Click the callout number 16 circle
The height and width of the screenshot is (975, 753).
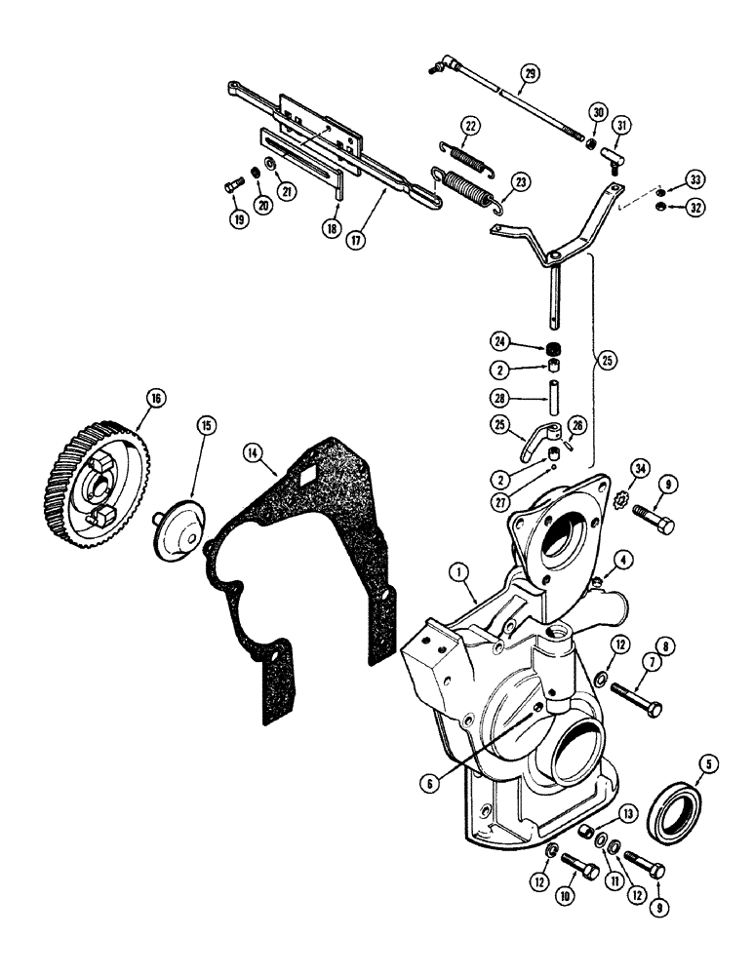point(154,398)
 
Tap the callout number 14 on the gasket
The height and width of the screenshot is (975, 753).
point(255,451)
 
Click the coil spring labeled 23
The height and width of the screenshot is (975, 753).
point(456,188)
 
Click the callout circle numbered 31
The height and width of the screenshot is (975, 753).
point(622,124)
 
